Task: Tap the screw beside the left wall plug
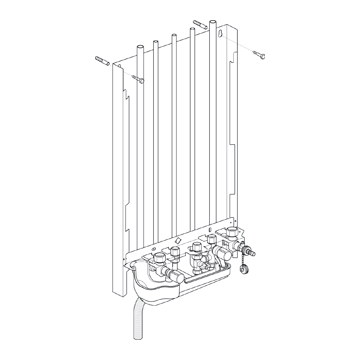click(x=140, y=78)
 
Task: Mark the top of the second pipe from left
click(x=154, y=42)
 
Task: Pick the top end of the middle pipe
click(x=174, y=37)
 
